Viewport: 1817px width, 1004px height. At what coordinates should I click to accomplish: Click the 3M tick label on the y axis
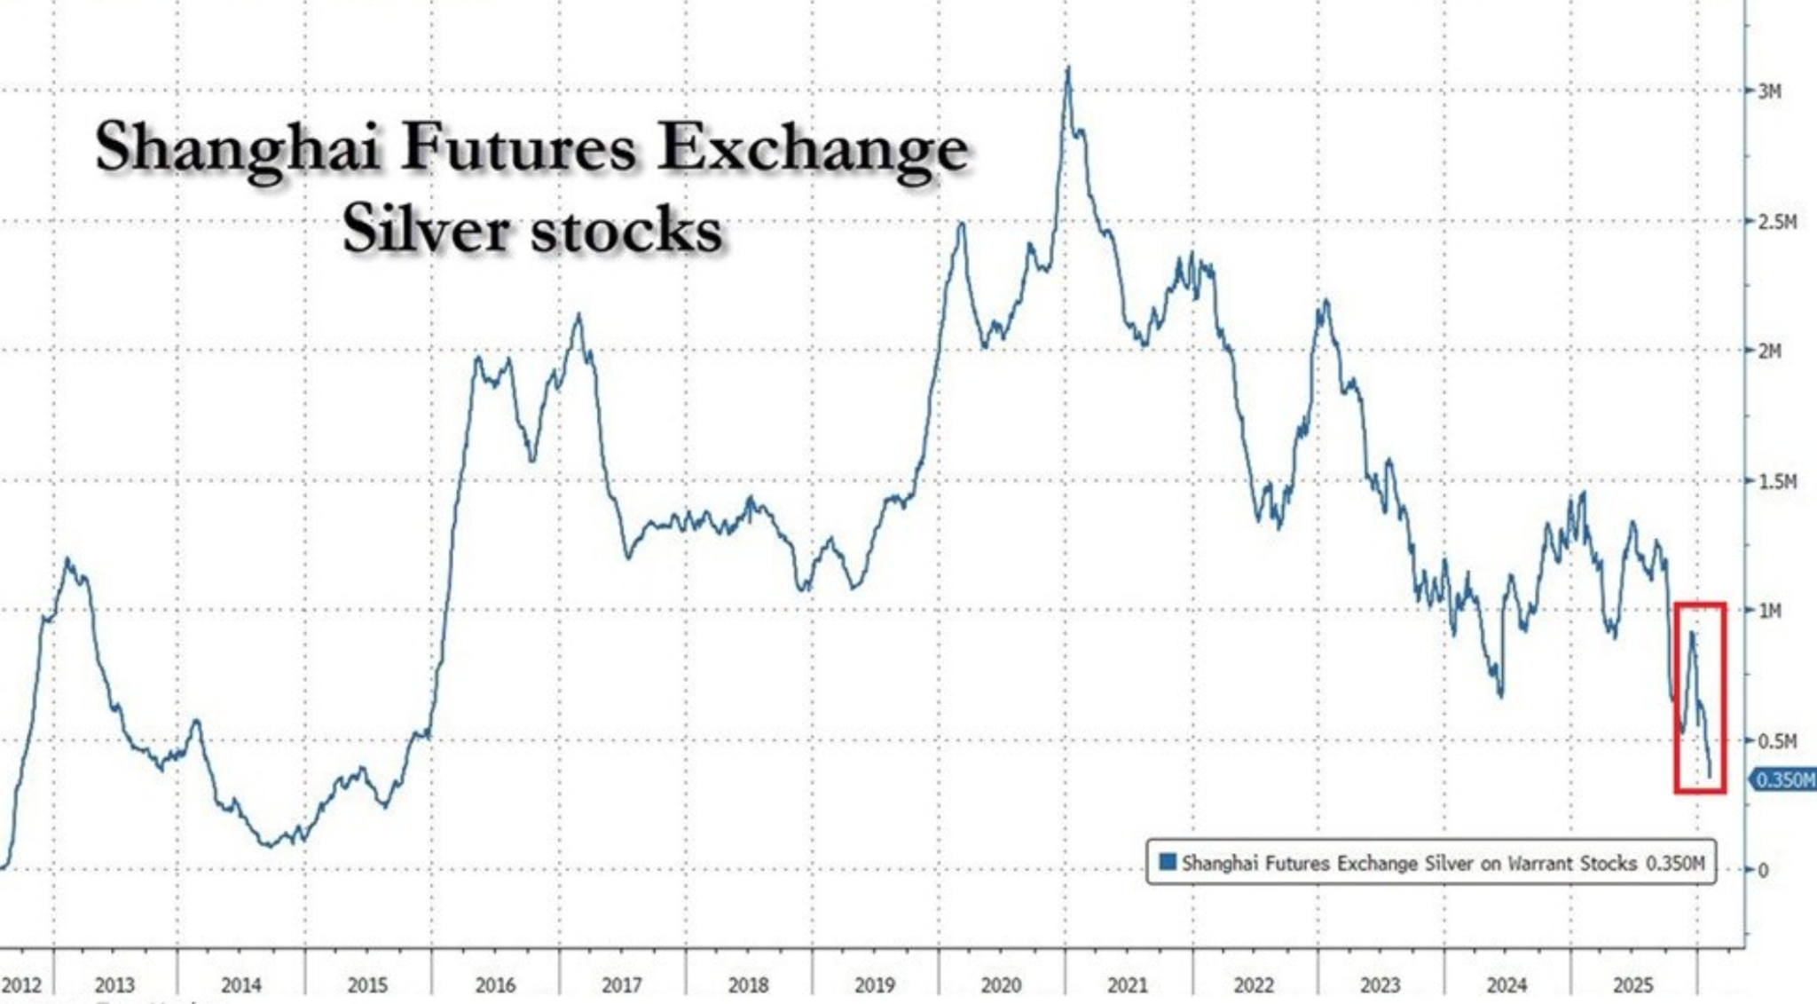point(1769,91)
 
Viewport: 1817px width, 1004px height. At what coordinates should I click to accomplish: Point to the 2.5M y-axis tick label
point(1777,221)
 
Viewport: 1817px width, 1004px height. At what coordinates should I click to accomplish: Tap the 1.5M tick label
point(1777,481)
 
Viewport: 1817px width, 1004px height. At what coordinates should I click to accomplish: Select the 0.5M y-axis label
point(1777,740)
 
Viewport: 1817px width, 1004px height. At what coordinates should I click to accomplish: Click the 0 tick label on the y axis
point(1764,870)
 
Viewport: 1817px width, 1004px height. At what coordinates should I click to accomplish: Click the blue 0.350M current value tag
point(1784,780)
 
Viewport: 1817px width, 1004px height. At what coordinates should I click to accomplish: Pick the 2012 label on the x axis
point(21,985)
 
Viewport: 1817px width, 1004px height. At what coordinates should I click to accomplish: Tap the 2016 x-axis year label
point(494,985)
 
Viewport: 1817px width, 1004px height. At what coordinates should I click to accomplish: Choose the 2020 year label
point(1001,985)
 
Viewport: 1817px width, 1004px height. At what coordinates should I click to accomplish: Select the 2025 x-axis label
point(1632,985)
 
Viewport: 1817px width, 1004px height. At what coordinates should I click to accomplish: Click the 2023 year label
point(1380,985)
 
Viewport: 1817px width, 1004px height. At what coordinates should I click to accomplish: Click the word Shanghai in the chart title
point(238,149)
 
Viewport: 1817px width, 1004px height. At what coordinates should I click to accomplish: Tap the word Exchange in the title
point(812,149)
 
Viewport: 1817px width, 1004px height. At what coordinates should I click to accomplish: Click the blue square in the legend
point(1168,862)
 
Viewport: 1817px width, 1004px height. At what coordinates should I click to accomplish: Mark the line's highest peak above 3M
point(1068,68)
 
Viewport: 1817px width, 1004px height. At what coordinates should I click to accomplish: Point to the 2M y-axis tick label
point(1769,352)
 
